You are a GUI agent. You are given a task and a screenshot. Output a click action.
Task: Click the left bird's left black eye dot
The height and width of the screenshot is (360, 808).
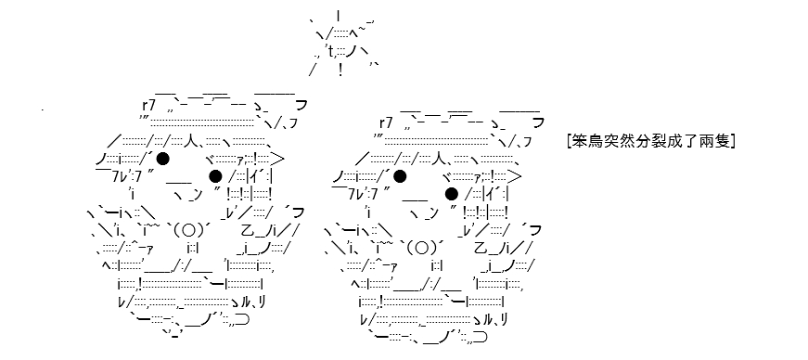163,159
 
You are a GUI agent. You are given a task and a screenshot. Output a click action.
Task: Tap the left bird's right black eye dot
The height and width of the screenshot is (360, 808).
215,176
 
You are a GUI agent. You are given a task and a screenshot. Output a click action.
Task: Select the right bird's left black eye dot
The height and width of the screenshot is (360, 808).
400,176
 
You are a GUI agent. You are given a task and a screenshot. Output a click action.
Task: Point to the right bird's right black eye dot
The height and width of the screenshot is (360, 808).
452,194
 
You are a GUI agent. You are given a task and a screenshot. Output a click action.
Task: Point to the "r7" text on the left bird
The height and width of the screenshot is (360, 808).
149,105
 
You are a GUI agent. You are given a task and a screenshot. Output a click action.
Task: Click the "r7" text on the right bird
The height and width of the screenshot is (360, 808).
386,122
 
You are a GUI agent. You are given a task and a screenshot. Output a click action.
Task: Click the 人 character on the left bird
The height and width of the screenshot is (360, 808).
196,140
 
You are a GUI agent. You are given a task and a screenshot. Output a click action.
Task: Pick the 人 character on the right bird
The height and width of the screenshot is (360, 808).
432,158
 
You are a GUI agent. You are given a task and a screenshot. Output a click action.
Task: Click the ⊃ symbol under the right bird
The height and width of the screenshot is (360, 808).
481,338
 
